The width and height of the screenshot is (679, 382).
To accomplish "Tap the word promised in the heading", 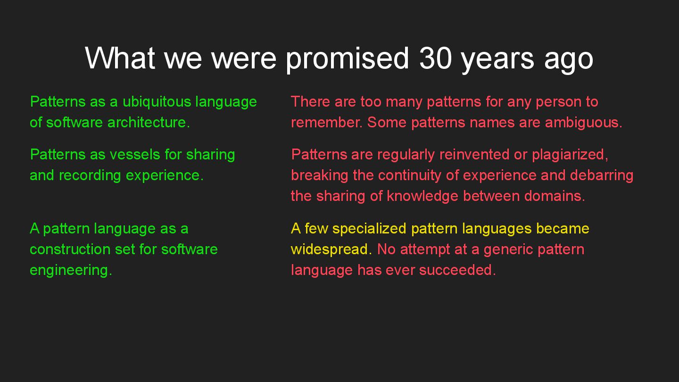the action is (348, 59).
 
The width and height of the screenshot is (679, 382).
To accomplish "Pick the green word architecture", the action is (149, 123).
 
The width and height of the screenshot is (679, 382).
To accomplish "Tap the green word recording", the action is (90, 176).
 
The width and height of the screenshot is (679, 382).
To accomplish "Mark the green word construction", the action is (70, 249).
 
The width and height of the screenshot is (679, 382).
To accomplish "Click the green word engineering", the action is (71, 270).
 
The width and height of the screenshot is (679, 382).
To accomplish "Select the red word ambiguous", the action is (584, 123).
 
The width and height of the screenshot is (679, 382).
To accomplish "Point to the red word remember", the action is (327, 123).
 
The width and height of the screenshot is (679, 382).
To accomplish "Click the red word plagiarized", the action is (570, 155).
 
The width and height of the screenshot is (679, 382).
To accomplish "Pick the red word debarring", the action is (602, 176).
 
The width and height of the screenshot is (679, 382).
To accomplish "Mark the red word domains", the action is (555, 196).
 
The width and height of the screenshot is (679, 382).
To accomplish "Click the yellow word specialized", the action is (369, 229).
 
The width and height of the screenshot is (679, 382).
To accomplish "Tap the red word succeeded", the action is (457, 270).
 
